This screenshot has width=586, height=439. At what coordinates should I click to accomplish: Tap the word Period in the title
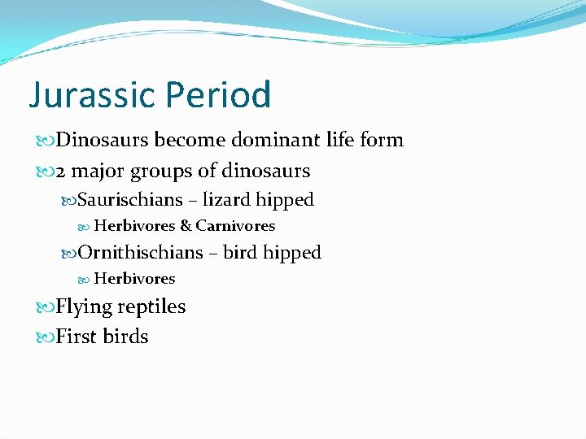point(218,95)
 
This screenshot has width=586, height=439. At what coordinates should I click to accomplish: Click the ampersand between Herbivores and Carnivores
point(186,226)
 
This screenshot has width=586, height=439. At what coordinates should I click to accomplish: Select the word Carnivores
point(235,226)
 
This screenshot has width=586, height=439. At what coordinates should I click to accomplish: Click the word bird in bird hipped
point(240,253)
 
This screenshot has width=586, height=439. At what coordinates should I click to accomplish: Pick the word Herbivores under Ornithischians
point(134,279)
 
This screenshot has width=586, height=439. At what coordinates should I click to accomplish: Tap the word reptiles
point(152,307)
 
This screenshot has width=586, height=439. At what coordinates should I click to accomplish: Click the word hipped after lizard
point(285,200)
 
